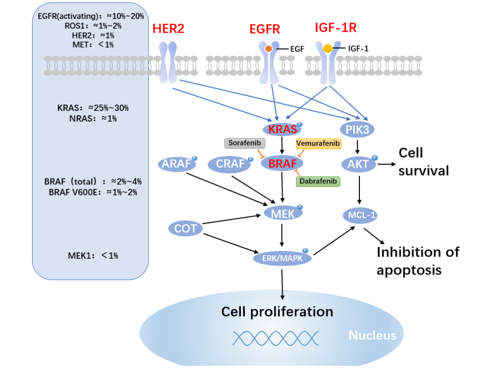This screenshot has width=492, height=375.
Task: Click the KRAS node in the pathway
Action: click(x=282, y=129)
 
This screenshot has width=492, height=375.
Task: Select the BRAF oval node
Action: click(x=282, y=163)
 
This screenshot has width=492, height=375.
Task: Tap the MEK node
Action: click(x=283, y=214)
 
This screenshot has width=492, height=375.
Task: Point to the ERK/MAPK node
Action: click(x=282, y=258)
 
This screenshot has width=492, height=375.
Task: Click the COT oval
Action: click(x=186, y=229)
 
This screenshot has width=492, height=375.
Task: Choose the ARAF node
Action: click(x=176, y=164)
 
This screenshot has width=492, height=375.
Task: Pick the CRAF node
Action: click(x=230, y=164)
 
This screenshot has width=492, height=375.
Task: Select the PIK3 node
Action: click(x=357, y=129)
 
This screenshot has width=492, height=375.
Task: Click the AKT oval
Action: click(x=358, y=164)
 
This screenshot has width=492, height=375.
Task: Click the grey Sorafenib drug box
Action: click(x=245, y=143)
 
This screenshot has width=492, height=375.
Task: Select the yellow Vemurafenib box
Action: click(x=318, y=143)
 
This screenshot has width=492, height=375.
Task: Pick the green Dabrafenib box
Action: click(x=318, y=181)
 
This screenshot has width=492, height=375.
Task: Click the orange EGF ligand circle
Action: click(x=269, y=49)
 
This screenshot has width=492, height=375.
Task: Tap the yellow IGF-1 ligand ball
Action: click(x=328, y=48)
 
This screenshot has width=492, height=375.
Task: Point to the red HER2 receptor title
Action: click(x=169, y=29)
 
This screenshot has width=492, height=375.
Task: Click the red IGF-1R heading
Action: click(x=336, y=28)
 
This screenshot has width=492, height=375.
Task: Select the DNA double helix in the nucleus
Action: click(x=276, y=338)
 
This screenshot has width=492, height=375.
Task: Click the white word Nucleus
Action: click(x=373, y=336)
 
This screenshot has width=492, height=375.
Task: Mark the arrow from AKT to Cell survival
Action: click(x=386, y=164)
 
